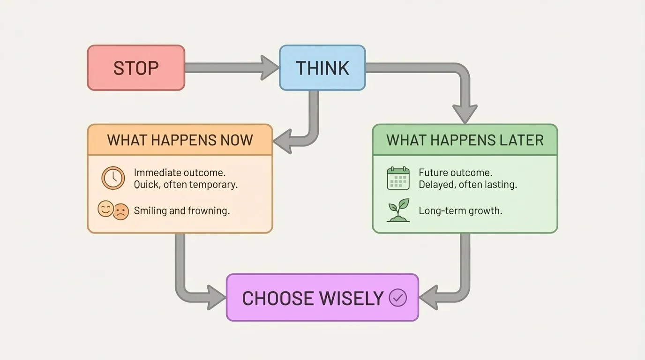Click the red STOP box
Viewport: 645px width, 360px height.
[136, 68]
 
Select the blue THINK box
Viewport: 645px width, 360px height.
[322, 68]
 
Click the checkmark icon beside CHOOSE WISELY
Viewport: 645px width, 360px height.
[398, 298]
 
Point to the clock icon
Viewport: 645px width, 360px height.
[113, 178]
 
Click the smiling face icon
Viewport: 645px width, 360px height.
[105, 209]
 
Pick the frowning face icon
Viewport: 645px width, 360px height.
[120, 212]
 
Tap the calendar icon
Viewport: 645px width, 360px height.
[398, 178]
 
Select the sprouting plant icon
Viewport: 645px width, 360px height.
[398, 210]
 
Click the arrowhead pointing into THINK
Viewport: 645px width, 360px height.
[270, 68]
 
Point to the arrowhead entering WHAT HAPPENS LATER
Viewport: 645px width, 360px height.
[465, 114]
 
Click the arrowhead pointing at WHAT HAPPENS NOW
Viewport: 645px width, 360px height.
[283, 140]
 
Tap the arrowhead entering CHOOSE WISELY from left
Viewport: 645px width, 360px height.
[217, 298]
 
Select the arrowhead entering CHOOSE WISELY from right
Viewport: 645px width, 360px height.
[428, 298]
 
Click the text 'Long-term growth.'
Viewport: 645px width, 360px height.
[460, 211]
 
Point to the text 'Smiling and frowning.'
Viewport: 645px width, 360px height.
[181, 211]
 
